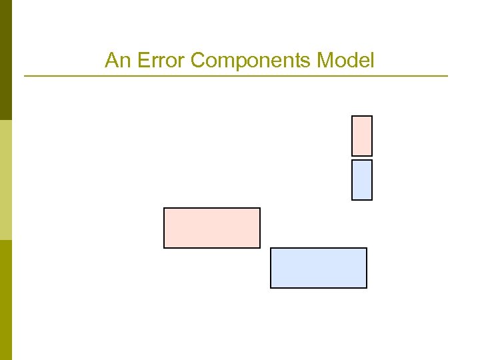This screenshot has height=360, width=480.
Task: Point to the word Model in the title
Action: click(x=345, y=61)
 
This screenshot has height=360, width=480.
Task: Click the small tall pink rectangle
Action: click(x=362, y=136)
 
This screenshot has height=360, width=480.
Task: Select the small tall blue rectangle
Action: click(x=362, y=180)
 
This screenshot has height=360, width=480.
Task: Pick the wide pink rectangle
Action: click(x=212, y=228)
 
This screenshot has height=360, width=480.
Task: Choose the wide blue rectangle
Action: click(x=319, y=268)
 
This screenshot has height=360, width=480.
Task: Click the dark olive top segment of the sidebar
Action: click(x=6, y=60)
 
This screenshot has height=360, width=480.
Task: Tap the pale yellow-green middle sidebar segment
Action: click(x=6, y=180)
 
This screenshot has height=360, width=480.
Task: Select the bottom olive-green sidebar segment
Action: click(x=6, y=300)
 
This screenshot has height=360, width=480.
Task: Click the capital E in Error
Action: click(x=141, y=61)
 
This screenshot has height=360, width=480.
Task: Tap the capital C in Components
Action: click(x=197, y=61)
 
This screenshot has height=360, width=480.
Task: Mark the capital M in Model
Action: click(x=325, y=61)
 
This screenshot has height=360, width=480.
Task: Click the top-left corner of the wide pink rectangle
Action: click(x=164, y=208)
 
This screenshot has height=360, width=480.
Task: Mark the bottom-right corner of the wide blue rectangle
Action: click(x=367, y=288)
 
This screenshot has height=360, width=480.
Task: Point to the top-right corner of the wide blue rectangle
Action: click(x=367, y=248)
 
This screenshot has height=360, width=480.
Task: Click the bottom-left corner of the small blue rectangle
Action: click(x=352, y=199)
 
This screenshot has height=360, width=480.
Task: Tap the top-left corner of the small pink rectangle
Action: click(x=352, y=116)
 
